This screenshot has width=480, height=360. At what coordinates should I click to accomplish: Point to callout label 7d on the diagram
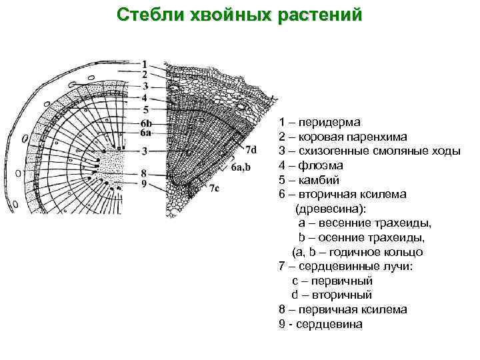pyautogui.click(x=251, y=148)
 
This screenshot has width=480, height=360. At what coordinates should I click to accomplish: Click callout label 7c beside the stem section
pyautogui.click(x=214, y=189)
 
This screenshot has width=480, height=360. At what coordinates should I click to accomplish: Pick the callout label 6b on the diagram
pyautogui.click(x=146, y=124)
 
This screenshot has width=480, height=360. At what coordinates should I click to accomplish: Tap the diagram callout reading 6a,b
pyautogui.click(x=241, y=167)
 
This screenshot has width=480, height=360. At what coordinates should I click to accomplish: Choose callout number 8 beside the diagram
pyautogui.click(x=145, y=173)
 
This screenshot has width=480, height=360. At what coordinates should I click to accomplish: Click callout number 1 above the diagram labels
pyautogui.click(x=145, y=64)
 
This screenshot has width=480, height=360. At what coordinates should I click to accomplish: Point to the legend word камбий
pyautogui.click(x=319, y=179)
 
